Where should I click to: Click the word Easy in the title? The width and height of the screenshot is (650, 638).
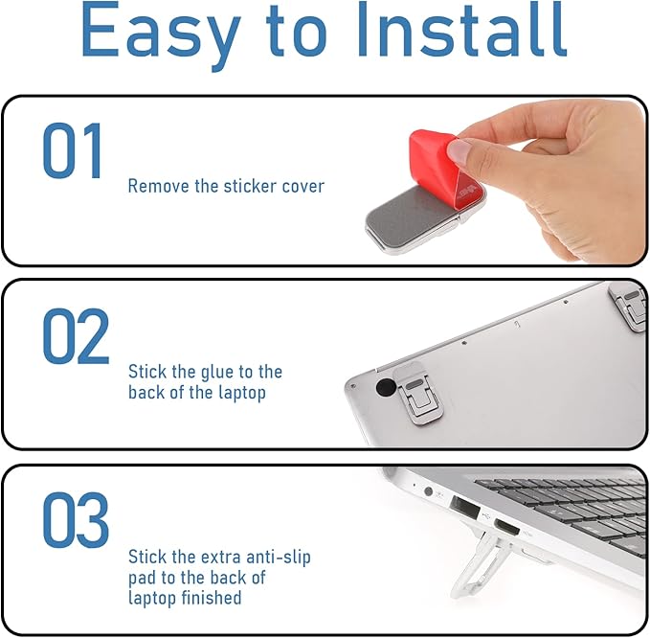point(161,34)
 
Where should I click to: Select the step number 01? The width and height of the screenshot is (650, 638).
point(72,150)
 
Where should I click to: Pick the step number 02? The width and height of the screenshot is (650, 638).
point(77,336)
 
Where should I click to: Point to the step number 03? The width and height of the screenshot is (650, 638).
point(76,519)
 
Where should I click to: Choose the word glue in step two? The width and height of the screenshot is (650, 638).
point(218,373)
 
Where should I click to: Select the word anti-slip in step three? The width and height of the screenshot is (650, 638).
point(279,558)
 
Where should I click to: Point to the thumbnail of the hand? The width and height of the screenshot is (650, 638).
point(460,150)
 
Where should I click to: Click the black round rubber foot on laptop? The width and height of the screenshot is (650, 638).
point(386,387)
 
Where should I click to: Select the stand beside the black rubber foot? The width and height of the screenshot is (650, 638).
point(418,391)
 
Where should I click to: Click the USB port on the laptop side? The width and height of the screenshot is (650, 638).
point(464,508)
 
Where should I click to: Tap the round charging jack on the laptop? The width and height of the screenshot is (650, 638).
point(429,491)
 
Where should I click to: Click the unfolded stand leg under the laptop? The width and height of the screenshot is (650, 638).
point(481,563)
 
